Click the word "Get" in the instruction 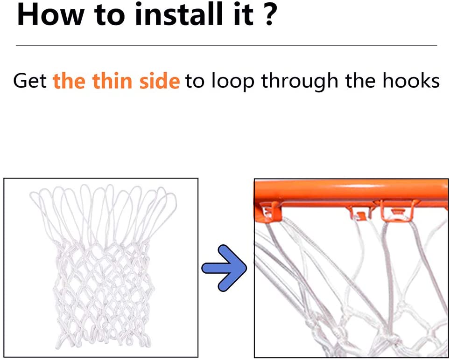pos(30,81)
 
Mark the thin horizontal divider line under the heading pos(226,45)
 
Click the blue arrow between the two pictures pos(224,269)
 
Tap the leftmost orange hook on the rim pos(267,211)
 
